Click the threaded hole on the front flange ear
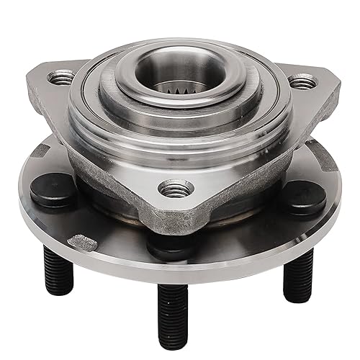coord(176,189)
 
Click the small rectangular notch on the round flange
coord(81,243)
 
